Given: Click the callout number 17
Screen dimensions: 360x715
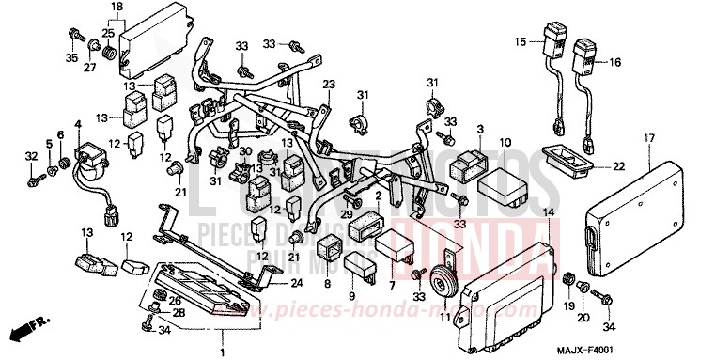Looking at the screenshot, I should [649, 138].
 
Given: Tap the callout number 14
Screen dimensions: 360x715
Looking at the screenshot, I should [549, 213].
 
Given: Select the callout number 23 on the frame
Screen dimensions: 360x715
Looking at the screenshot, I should [330, 84].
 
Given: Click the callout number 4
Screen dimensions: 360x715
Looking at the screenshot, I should [78, 124].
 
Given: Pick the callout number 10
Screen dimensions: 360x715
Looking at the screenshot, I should [505, 142].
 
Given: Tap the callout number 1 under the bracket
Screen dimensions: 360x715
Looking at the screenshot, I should [222, 352].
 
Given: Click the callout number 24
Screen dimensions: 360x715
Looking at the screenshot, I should [297, 283].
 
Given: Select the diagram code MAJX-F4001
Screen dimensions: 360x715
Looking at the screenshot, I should [669, 349].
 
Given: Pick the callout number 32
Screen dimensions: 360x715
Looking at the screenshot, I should [31, 155].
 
